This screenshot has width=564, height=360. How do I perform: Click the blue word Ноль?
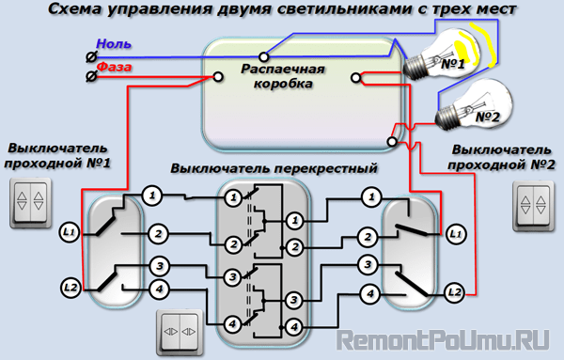click(x=114, y=44)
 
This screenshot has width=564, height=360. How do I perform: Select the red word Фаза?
click(x=115, y=67)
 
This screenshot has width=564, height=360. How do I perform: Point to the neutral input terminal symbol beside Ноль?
click(x=91, y=56)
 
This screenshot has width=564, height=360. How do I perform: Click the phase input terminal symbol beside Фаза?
click(x=91, y=76)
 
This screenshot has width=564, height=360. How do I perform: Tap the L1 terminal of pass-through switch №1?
click(x=69, y=233)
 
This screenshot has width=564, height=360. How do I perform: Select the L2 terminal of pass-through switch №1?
click(x=70, y=288)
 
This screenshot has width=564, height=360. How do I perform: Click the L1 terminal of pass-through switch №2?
click(x=456, y=234)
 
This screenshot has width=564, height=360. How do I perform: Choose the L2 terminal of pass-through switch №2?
click(x=455, y=292)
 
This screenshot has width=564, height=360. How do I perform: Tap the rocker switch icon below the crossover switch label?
click(x=180, y=332)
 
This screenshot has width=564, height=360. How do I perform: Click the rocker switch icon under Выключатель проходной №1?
click(x=30, y=202)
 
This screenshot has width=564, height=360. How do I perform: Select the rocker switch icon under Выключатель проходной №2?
click(x=533, y=206)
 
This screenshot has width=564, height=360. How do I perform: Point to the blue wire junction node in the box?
click(x=264, y=56)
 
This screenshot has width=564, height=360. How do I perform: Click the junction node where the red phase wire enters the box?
click(x=218, y=76)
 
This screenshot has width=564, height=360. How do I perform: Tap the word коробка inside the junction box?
click(x=283, y=84)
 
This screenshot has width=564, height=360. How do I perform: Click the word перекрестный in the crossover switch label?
click(x=326, y=168)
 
